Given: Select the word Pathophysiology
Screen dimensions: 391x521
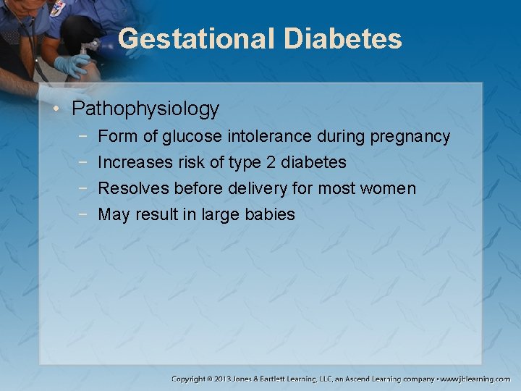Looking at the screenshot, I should point(145,109).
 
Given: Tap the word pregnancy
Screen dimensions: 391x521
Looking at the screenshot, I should point(410,136).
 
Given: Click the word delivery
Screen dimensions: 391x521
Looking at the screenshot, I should point(258,188).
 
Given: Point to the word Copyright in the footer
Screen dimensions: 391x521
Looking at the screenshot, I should point(188,379).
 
